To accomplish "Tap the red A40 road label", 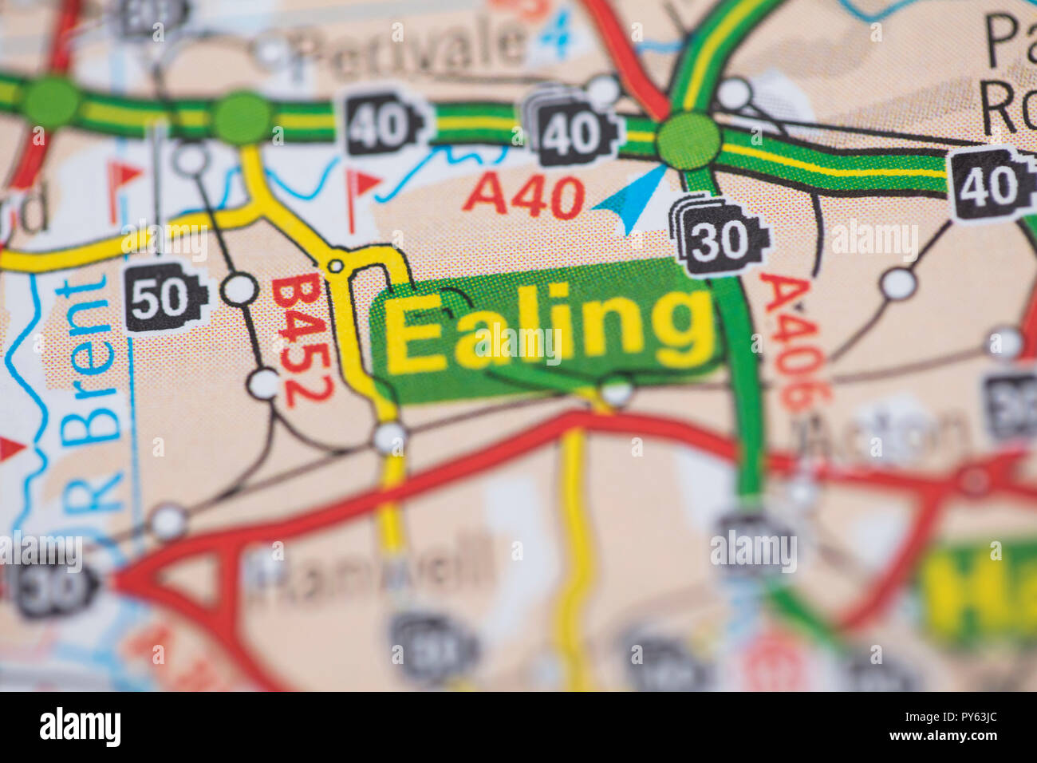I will coord(523,196).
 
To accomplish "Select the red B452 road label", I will coord(301,342).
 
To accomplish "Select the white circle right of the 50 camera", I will coord(239,289).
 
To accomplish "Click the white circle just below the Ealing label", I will coord(616,391).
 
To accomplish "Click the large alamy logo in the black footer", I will coord(81,727).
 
